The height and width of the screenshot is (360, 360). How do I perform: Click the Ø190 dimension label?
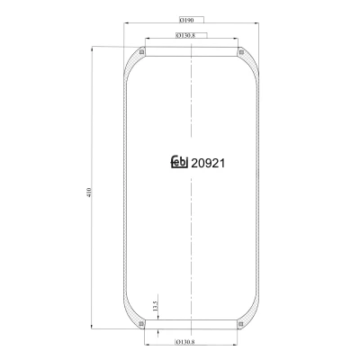pos(186,20)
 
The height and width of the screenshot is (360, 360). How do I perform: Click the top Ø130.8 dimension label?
pos(185,36)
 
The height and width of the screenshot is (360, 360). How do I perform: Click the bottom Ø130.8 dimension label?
pos(185,342)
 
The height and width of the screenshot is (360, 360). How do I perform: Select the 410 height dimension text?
pos(88,192)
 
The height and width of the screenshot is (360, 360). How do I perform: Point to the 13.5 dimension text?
pos(155,306)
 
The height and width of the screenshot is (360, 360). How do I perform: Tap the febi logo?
pos(179,161)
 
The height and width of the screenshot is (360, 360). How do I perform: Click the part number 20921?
pos(208,163)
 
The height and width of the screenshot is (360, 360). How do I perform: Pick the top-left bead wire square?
pos(142,52)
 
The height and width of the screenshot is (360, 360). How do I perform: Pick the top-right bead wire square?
pos(241,52)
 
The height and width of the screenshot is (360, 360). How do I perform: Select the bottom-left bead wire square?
pos(141,324)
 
